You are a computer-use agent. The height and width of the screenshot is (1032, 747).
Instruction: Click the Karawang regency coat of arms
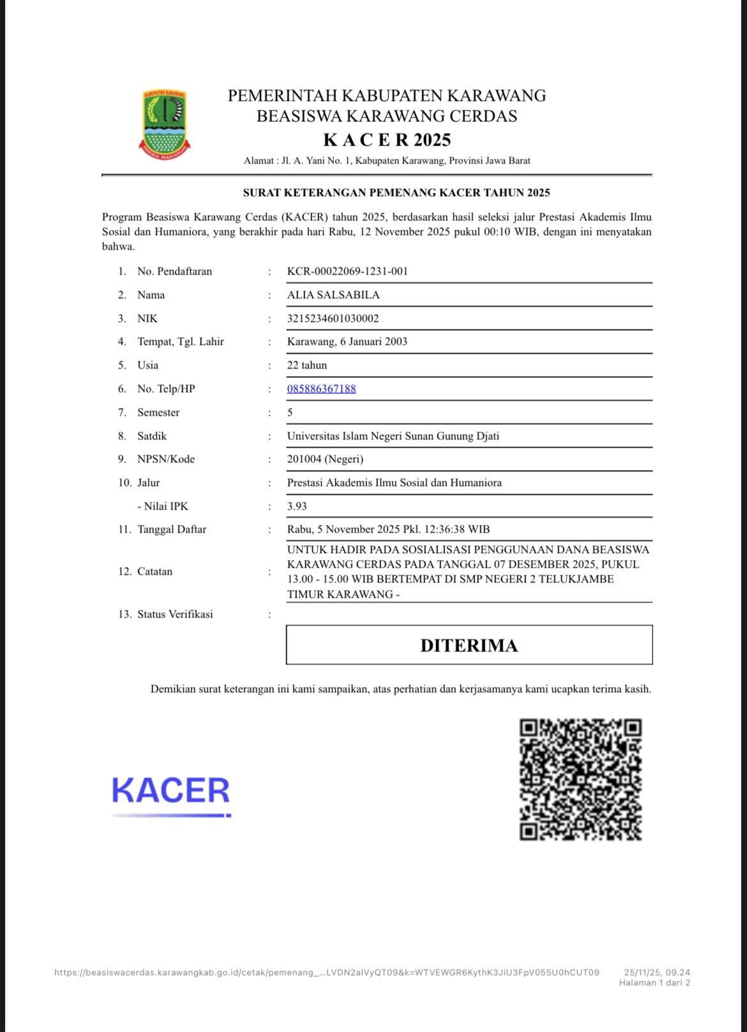pyautogui.click(x=165, y=125)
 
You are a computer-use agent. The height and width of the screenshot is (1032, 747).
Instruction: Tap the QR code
pyautogui.click(x=580, y=779)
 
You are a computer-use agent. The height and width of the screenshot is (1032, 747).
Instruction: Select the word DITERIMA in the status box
pyautogui.click(x=469, y=645)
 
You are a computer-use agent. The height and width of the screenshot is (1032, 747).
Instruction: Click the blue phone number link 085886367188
pyautogui.click(x=321, y=388)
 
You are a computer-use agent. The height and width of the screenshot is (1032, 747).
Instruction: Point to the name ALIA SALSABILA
pyautogui.click(x=333, y=294)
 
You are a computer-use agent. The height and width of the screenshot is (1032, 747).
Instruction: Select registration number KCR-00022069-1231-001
pyautogui.click(x=347, y=271)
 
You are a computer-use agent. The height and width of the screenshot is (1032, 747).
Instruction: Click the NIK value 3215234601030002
pyautogui.click(x=333, y=318)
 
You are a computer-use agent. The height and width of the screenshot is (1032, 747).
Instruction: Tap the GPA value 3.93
pyautogui.click(x=297, y=506)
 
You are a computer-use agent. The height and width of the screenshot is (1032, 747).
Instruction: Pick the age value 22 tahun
pyautogui.click(x=306, y=365)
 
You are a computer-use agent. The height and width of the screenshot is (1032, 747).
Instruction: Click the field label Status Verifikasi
pyautogui.click(x=175, y=614)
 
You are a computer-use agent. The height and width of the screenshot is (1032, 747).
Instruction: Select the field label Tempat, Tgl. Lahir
pyautogui.click(x=181, y=341)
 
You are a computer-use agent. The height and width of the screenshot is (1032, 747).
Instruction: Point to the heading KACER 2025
pyautogui.click(x=387, y=139)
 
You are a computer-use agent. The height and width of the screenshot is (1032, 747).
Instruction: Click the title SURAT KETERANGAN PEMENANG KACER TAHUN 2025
pyautogui.click(x=396, y=192)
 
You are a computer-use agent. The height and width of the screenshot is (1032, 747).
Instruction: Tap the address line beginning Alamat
pyautogui.click(x=387, y=160)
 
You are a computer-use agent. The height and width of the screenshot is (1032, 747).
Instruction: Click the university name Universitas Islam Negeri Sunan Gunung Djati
pyautogui.click(x=393, y=436)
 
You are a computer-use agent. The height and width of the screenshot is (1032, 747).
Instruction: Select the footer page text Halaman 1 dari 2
pyautogui.click(x=654, y=983)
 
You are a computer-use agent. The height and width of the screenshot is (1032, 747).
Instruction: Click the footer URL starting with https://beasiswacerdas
pyautogui.click(x=326, y=973)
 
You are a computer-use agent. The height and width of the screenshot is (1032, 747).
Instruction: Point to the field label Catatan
pyautogui.click(x=155, y=571)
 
